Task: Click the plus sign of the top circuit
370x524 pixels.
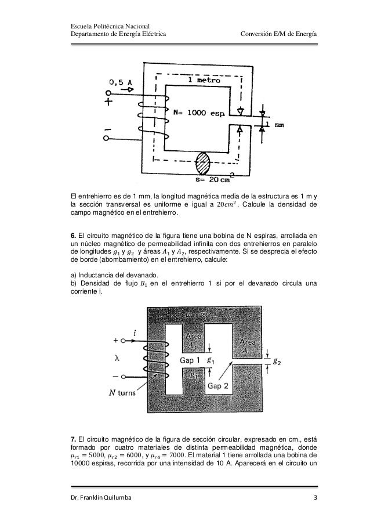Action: click(108, 102)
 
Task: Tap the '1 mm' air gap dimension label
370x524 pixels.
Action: click(273, 125)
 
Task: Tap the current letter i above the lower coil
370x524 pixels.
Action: click(135, 333)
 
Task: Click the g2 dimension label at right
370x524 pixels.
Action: click(278, 362)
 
